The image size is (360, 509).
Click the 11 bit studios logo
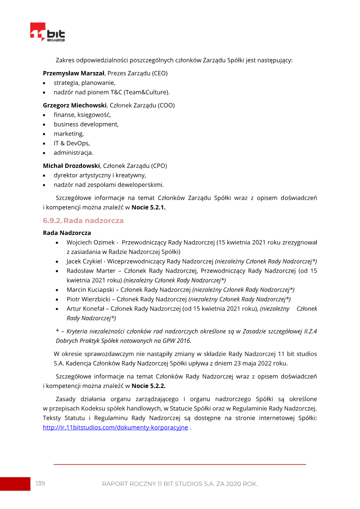[47, 32]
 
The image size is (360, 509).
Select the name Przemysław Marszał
[74, 73]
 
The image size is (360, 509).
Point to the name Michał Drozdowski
[71, 166]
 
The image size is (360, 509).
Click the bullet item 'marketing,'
[69, 134]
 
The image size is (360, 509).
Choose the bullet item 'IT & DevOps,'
[72, 143]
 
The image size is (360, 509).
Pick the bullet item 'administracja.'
[74, 153]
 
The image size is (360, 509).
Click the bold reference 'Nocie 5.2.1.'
[149, 207]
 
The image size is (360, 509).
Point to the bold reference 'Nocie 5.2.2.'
[149, 386]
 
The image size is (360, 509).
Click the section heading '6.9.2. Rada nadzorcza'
[83, 221]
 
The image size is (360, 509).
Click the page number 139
[40, 483]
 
